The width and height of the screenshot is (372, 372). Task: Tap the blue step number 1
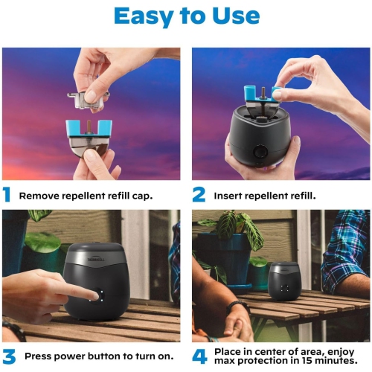(x=7, y=196)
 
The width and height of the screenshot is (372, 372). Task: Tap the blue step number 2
(x=199, y=196)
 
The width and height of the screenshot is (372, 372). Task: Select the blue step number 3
(x=8, y=356)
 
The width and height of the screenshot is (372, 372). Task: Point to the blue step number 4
(x=199, y=356)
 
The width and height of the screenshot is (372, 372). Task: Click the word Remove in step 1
(x=38, y=196)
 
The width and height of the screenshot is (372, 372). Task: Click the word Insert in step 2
(x=228, y=196)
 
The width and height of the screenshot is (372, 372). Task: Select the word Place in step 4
(x=228, y=350)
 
